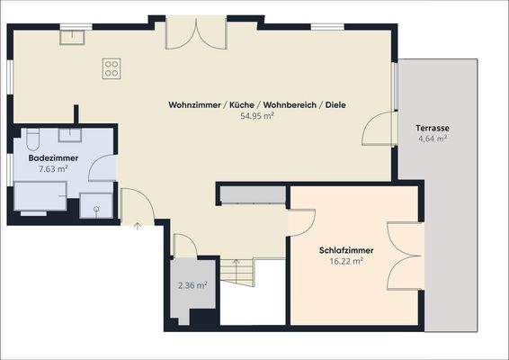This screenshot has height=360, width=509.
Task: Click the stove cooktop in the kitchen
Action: tap(112, 66)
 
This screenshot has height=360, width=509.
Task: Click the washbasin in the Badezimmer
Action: tap(70, 135)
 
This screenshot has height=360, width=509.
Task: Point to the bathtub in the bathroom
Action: tap(41, 195)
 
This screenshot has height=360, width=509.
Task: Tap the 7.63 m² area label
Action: tap(53, 168)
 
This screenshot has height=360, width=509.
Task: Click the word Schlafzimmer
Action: tap(345, 250)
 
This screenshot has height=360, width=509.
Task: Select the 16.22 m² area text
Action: tap(345, 261)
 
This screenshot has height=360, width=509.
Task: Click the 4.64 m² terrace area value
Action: tap(433, 139)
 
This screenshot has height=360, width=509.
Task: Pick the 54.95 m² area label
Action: tap(256, 116)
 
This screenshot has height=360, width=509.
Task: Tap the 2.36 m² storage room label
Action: tap(192, 285)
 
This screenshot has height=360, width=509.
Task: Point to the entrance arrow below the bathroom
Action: tap(137, 226)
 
